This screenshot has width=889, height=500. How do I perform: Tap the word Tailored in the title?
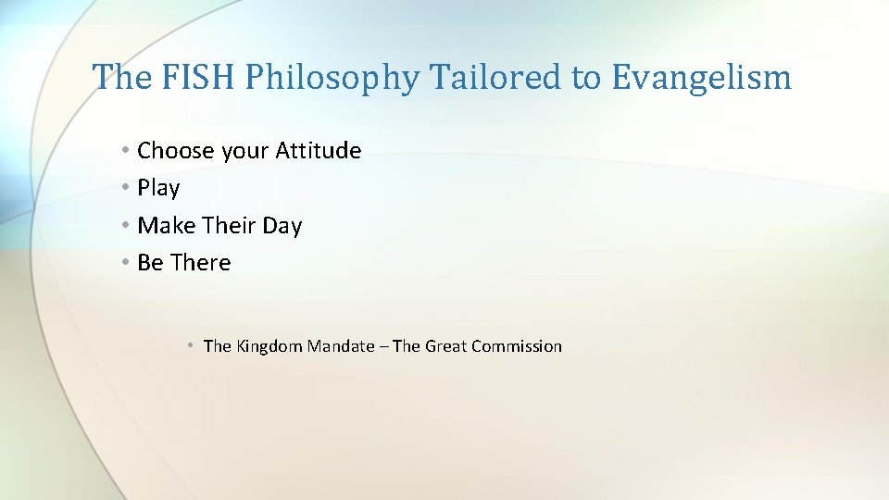click(495, 78)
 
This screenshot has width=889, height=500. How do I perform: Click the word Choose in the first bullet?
click(176, 151)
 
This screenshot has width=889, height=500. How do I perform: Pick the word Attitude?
click(319, 151)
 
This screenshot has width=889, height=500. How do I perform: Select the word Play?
click(158, 189)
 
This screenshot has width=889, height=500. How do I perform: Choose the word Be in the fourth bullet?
click(150, 263)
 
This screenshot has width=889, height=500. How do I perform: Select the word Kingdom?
click(269, 346)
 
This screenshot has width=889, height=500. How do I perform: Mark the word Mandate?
click(342, 346)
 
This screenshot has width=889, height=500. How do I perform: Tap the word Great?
click(445, 346)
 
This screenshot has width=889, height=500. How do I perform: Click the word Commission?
click(517, 346)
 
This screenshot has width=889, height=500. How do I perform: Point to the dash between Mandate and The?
click(384, 347)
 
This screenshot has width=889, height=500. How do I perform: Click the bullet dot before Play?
click(125, 189)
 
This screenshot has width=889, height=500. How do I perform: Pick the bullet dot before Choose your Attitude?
click(125, 151)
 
